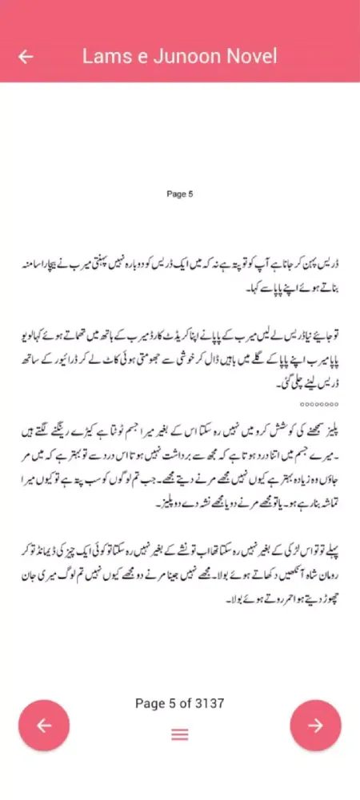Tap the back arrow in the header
click(x=26, y=57)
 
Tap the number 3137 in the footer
click(x=206, y=703)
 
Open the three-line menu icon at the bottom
click(x=180, y=734)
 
